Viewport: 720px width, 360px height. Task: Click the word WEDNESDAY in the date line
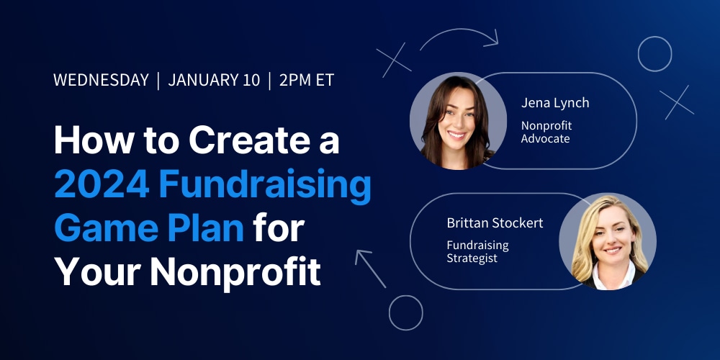pos(101,80)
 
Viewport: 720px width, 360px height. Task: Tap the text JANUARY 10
pos(214,80)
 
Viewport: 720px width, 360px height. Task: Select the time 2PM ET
pos(306,80)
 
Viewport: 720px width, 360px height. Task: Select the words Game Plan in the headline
pos(149,229)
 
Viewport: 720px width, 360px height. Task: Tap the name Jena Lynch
pos(554,103)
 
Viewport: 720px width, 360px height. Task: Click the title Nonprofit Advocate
pos(546,132)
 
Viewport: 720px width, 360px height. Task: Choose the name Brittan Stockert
pos(495,223)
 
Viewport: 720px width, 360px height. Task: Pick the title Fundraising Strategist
pos(477,251)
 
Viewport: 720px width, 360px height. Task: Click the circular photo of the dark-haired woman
pos(458,121)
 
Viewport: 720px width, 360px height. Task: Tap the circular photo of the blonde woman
pos(608,241)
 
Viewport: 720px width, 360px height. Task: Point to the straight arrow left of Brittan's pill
pos(370,268)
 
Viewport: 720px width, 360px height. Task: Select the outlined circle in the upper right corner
pos(654,37)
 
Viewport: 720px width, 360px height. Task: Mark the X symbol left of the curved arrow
pos(394,60)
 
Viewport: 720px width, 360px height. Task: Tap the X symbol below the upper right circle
pos(677,102)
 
